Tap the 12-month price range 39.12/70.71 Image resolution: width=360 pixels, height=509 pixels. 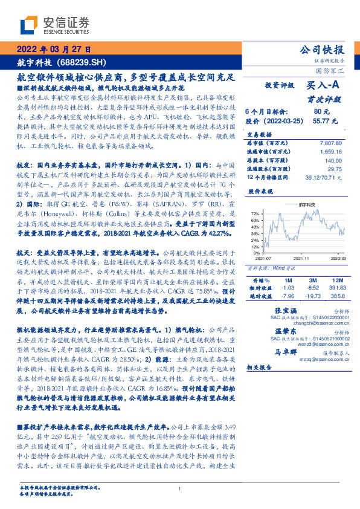point(327,178)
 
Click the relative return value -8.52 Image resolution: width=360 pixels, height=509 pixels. point(313,289)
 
